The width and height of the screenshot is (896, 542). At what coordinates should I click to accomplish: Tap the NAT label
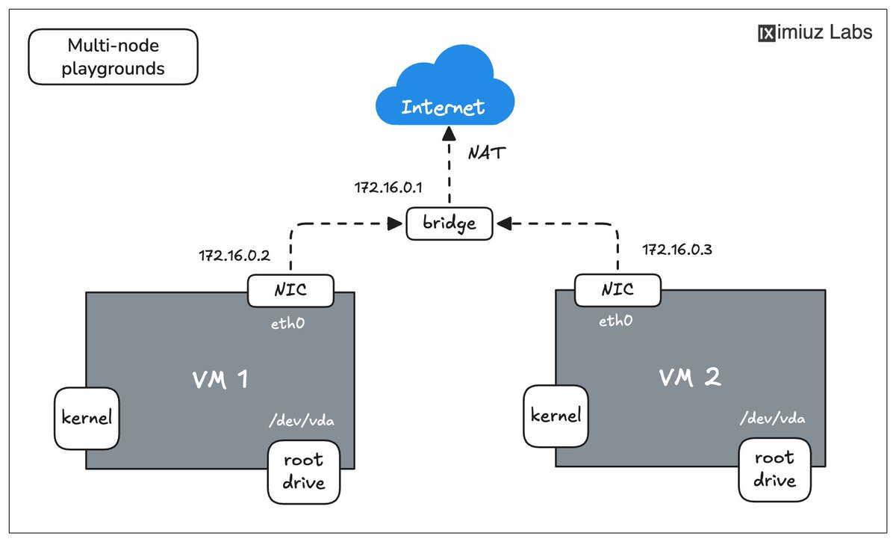(x=487, y=153)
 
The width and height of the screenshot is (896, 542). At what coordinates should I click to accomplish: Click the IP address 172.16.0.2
(x=234, y=256)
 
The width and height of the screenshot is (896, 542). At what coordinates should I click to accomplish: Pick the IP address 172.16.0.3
(x=677, y=249)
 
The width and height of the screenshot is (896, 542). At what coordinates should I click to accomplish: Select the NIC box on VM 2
(x=617, y=289)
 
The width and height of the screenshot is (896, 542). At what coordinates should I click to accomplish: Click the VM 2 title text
(x=689, y=378)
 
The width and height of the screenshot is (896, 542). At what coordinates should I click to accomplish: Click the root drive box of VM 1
(x=304, y=471)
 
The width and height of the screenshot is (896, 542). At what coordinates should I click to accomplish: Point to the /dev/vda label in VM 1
(x=301, y=421)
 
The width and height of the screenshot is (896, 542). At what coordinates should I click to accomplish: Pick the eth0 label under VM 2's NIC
(x=616, y=321)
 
